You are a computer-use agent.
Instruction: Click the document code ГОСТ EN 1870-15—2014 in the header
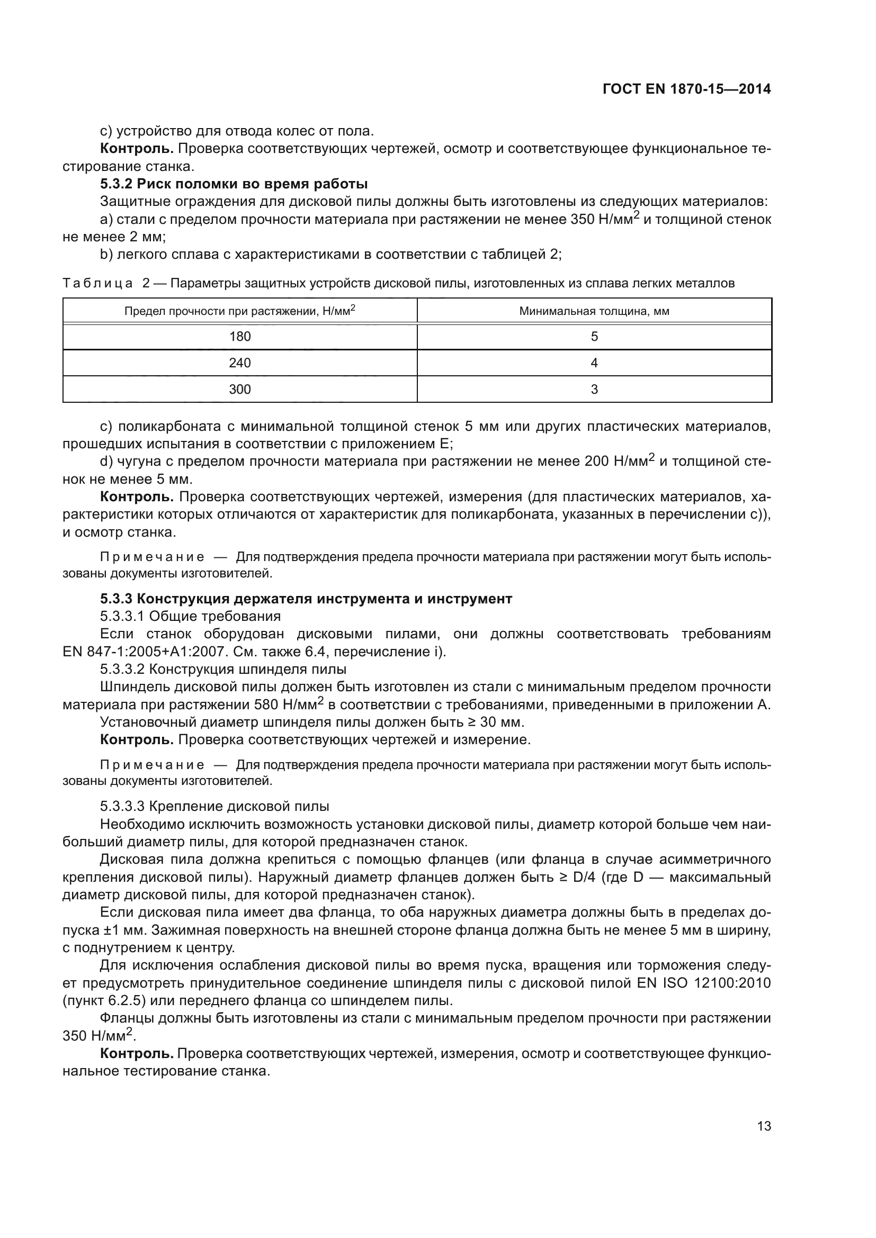click(x=686, y=89)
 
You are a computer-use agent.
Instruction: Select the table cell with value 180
click(x=240, y=337)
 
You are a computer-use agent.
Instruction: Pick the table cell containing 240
click(x=240, y=363)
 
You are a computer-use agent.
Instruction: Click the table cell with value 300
click(x=240, y=390)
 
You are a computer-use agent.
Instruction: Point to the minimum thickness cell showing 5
click(x=594, y=337)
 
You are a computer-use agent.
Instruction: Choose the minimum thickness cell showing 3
click(x=594, y=390)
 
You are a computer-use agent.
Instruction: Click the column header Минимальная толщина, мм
click(x=594, y=311)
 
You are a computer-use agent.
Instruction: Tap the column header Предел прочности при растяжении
click(x=240, y=311)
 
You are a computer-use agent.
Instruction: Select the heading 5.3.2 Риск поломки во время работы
click(x=234, y=184)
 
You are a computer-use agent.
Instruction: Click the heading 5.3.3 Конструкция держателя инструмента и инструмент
click(x=306, y=599)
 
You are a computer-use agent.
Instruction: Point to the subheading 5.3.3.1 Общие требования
click(x=191, y=616)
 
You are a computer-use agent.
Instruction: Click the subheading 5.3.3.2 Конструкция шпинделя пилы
click(x=223, y=669)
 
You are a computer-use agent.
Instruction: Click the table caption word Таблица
click(x=97, y=284)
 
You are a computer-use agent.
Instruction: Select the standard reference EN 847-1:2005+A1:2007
click(x=144, y=652)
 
